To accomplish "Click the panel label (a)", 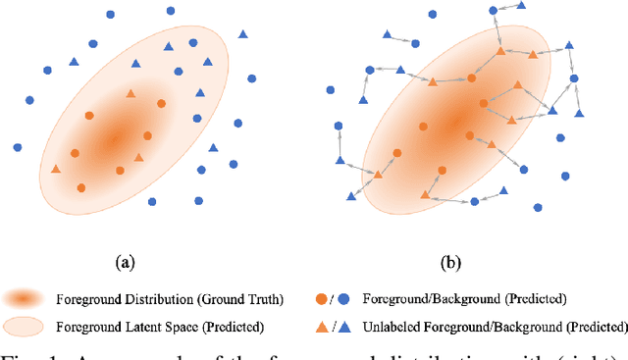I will tap(125, 261).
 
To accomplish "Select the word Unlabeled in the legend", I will tap(393, 326).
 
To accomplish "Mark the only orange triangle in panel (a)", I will tap(56, 169).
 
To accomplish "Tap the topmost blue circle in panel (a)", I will tap(171, 11).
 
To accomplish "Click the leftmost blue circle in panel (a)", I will tap(18, 147).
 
